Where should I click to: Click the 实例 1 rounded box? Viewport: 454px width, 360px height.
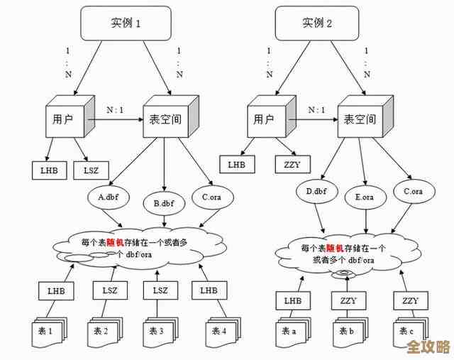coord(126,23)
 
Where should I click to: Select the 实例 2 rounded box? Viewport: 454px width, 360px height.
coord(318,23)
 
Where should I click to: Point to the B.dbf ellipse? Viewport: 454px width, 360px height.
coord(162,202)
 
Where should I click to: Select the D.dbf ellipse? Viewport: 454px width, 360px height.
coord(316,192)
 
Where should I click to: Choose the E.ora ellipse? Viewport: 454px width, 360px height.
coord(364,197)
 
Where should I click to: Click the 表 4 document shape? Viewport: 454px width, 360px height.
coord(218,330)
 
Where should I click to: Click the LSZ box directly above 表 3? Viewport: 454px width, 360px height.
coord(160,290)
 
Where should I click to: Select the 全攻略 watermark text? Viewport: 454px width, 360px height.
coord(427,347)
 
